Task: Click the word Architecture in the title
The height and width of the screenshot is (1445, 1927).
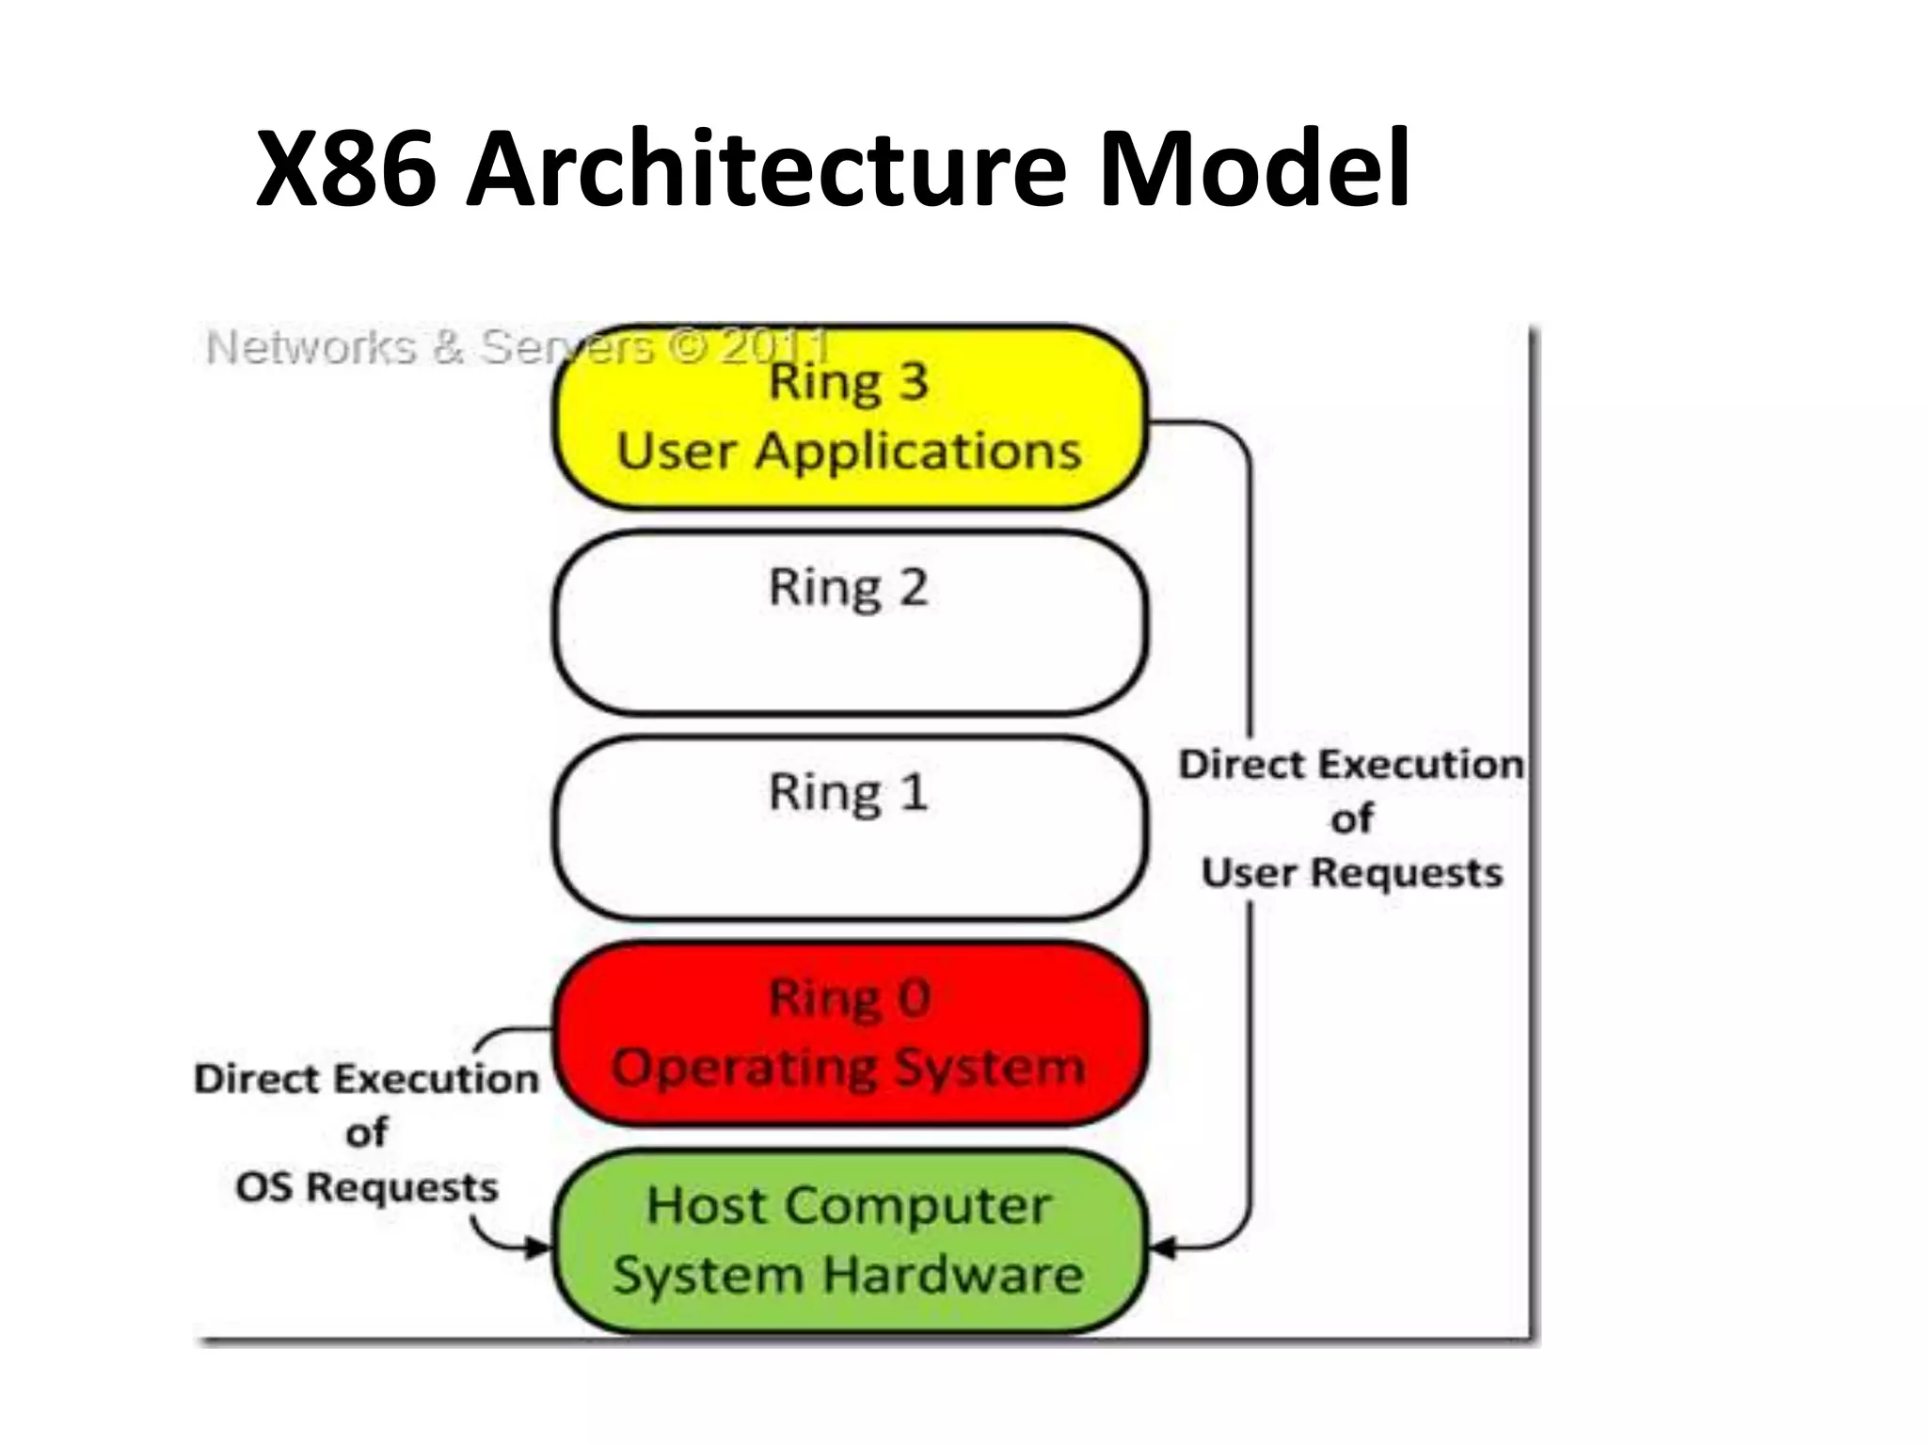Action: tap(767, 169)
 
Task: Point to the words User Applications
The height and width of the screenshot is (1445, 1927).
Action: tap(850, 451)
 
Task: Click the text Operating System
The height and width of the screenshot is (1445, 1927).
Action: tap(850, 1068)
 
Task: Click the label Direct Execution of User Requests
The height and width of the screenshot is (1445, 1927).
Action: tap(1351, 818)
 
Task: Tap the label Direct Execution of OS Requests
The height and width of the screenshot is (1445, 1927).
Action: tap(367, 1133)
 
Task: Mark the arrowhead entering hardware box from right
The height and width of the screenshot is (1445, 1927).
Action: tap(1163, 1249)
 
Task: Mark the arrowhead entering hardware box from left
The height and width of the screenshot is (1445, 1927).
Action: tap(538, 1248)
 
